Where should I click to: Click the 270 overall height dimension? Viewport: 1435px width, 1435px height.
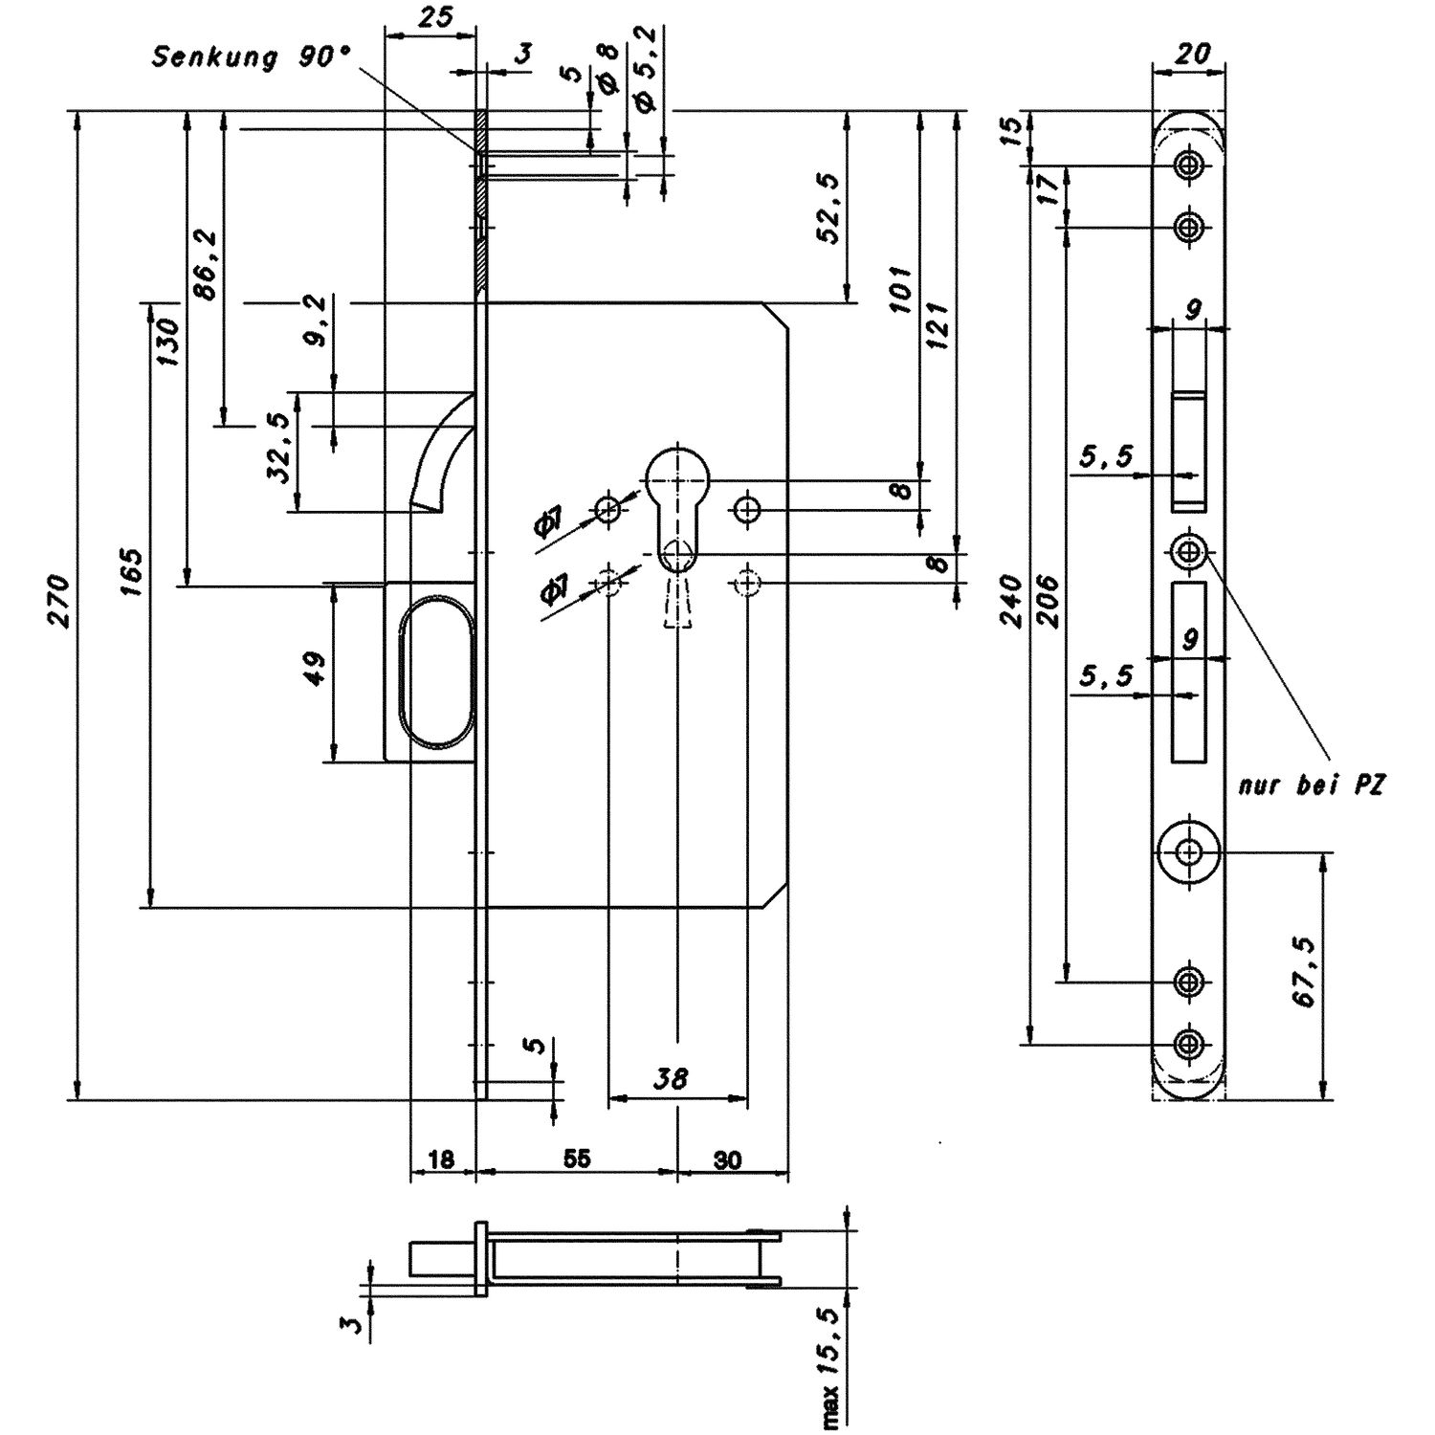(x=59, y=601)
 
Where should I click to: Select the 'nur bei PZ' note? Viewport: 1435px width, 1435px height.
(x=1312, y=786)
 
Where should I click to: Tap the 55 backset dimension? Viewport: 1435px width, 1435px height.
(x=576, y=1159)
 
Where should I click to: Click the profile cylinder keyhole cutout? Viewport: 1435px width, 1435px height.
(x=677, y=507)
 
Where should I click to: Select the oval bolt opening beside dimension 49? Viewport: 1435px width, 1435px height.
(x=435, y=672)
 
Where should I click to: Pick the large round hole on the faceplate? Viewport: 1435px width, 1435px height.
(x=1188, y=850)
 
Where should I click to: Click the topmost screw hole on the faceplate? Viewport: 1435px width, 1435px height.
(x=1188, y=166)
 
